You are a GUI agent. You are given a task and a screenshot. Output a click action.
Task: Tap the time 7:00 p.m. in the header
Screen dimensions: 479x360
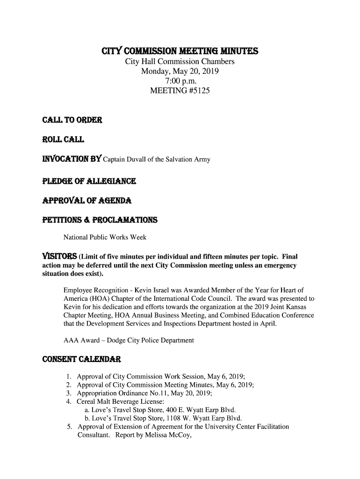[180, 82]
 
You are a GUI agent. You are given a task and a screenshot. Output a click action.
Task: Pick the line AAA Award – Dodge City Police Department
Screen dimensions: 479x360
[129, 341]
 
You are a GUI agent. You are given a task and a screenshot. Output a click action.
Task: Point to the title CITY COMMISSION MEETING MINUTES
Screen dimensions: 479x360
[180, 51]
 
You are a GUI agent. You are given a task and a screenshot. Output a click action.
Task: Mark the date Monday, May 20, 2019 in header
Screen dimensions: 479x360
[180, 72]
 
